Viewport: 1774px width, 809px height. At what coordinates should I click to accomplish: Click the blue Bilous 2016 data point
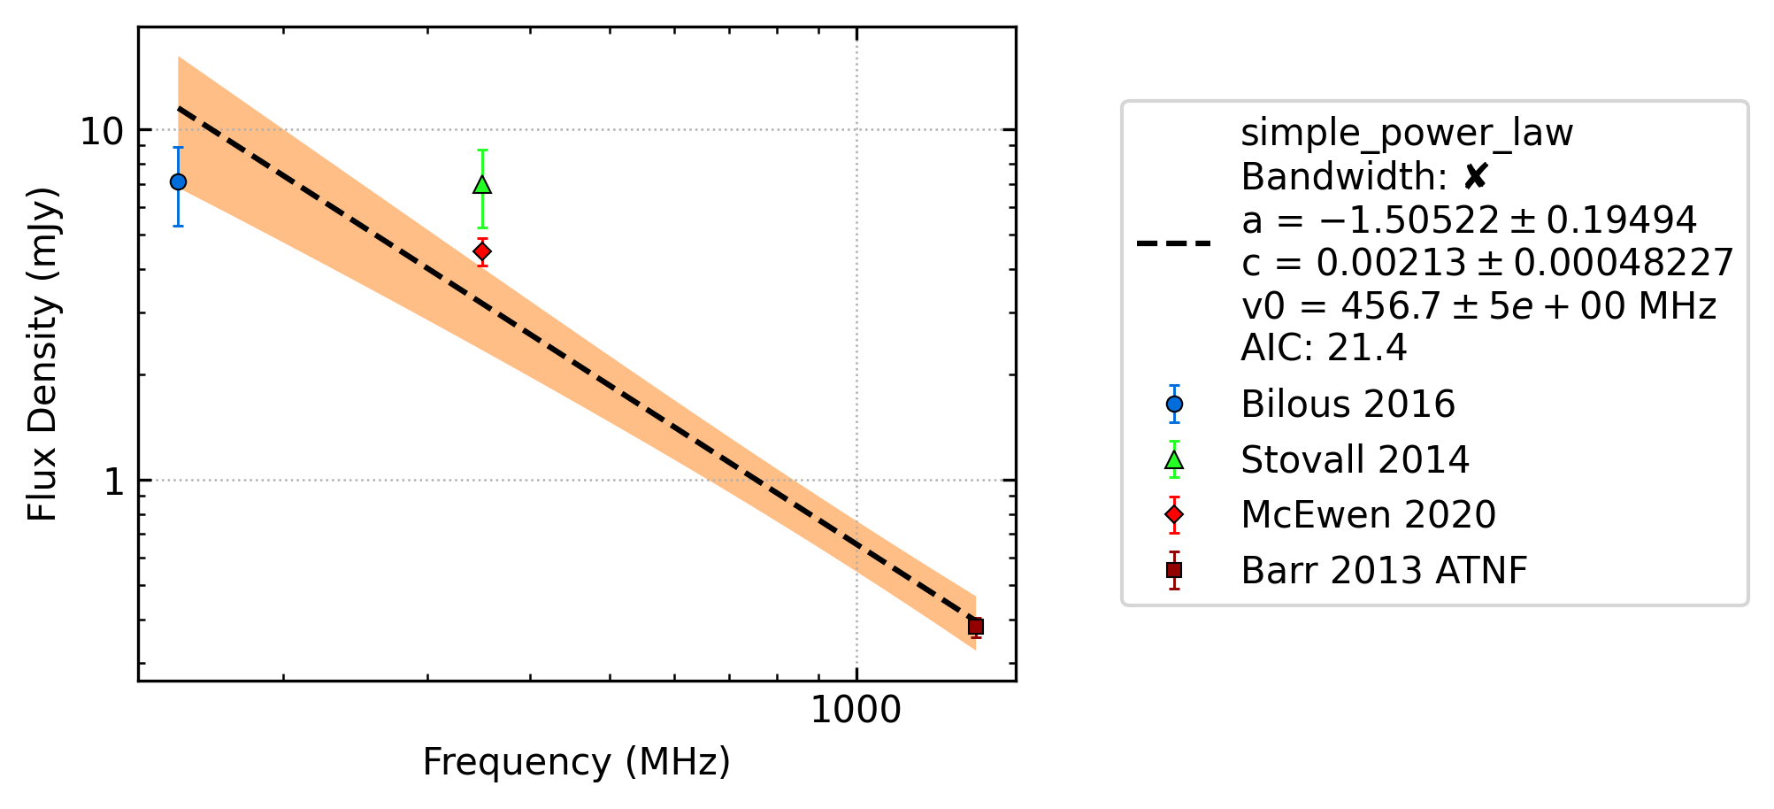click(x=178, y=181)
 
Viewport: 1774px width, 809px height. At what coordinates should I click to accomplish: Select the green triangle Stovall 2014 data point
click(x=482, y=184)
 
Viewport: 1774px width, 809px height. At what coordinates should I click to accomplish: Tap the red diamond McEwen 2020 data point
click(x=482, y=251)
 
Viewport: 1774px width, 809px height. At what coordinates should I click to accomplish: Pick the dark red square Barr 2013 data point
click(x=976, y=627)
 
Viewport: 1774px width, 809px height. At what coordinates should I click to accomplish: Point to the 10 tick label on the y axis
click(x=101, y=131)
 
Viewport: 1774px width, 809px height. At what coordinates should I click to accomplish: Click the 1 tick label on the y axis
click(x=113, y=482)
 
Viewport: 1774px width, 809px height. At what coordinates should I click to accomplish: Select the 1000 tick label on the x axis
click(x=856, y=710)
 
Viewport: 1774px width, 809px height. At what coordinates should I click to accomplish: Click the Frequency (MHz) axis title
click(x=577, y=762)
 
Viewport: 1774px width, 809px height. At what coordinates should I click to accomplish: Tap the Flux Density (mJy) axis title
click(x=42, y=354)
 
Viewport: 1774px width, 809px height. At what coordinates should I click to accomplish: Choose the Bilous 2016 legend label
click(x=1348, y=404)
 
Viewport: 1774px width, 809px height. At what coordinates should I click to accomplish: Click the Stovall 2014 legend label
click(x=1355, y=460)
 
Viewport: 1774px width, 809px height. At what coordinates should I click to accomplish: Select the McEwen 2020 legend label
click(x=1368, y=515)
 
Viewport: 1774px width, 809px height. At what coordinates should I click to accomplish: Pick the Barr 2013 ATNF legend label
click(x=1384, y=571)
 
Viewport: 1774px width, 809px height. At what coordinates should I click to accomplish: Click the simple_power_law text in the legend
click(x=1407, y=134)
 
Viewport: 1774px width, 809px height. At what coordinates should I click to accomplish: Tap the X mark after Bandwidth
click(x=1475, y=177)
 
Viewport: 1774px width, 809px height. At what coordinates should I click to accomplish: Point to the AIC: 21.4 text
click(x=1324, y=348)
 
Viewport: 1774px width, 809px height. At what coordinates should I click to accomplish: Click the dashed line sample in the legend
click(x=1174, y=243)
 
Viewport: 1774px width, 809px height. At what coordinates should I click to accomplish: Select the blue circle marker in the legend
click(x=1174, y=404)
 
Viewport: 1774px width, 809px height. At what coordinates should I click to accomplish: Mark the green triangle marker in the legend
click(x=1174, y=460)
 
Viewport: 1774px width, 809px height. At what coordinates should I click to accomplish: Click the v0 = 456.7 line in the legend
click(x=1478, y=306)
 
